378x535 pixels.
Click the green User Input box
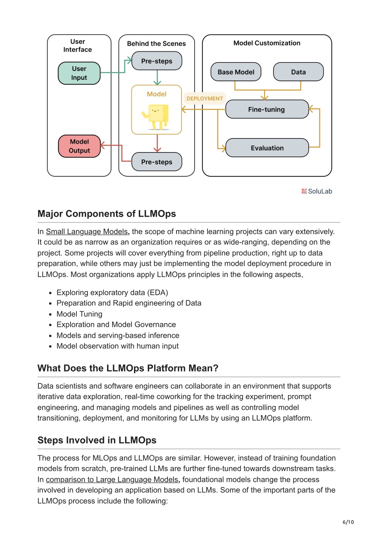tap(79, 73)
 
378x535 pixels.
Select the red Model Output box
tap(79, 146)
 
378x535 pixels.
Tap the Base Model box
tap(236, 72)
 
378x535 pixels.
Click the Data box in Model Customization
tap(298, 72)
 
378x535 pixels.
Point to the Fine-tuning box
tap(267, 109)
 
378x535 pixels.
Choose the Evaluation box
tap(267, 148)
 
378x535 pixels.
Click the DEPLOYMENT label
tap(205, 99)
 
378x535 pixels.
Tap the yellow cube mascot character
tap(155, 117)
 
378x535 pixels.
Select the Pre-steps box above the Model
tap(157, 61)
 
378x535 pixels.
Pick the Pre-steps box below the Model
tap(157, 162)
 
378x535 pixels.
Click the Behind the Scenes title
tap(156, 44)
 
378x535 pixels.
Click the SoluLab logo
tap(317, 191)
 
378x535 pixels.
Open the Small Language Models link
tap(87, 232)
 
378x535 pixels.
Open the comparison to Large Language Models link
tap(112, 479)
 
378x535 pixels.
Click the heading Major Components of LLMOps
tap(107, 213)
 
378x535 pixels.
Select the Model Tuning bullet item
tap(79, 314)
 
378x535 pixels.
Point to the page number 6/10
tap(348, 522)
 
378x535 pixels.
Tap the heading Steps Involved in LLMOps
tap(97, 440)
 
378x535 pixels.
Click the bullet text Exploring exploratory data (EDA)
tap(112, 292)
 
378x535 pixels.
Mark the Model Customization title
tap(267, 43)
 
